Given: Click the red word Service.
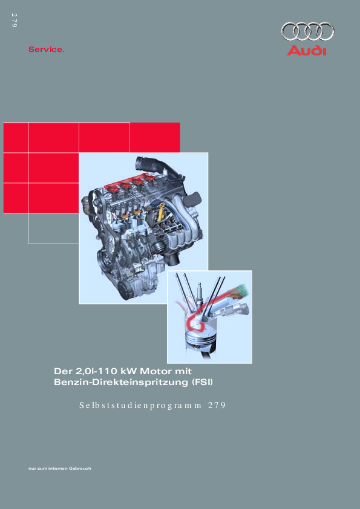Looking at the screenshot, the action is (x=46, y=50).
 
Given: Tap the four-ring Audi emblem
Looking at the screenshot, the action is (x=307, y=31).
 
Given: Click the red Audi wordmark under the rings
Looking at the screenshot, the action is (x=306, y=51).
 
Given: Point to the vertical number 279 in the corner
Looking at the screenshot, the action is (x=14, y=20).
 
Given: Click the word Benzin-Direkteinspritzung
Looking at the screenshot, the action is (x=121, y=382).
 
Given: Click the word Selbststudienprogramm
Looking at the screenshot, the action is (x=140, y=406).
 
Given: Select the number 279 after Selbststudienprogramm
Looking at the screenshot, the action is (x=217, y=405).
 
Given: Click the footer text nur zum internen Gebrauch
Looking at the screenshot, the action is (x=60, y=468).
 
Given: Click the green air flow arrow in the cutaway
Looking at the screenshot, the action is (x=240, y=291).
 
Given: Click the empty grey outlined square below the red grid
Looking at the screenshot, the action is (x=54, y=229).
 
